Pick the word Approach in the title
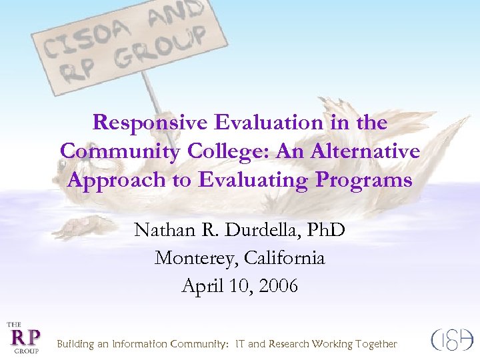tap(106, 180)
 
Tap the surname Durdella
tap(259, 230)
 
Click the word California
tap(285, 258)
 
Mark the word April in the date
tap(200, 286)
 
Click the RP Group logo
tap(23, 337)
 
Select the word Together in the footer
tap(375, 344)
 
